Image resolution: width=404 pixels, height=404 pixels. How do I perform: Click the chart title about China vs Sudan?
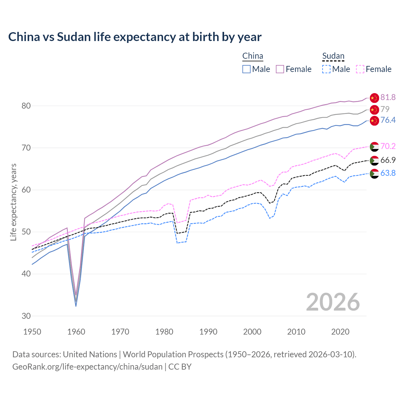(x=135, y=37)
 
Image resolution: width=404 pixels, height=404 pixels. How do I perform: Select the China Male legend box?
(x=247, y=69)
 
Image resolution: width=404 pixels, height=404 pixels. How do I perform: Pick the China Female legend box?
(x=280, y=69)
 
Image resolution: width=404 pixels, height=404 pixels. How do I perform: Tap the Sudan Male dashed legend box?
(x=326, y=69)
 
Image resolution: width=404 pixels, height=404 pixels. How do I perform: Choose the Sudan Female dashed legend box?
(x=360, y=69)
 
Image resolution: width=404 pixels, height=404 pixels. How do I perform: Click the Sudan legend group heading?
(x=333, y=56)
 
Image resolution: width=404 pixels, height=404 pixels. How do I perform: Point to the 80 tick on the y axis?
(x=26, y=106)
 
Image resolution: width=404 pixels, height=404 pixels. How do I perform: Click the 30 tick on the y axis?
(x=26, y=316)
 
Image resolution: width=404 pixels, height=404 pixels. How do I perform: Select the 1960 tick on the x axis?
(x=76, y=332)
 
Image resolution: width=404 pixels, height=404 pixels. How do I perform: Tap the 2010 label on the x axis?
(x=296, y=332)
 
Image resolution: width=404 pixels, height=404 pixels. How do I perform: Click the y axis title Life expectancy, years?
(x=13, y=202)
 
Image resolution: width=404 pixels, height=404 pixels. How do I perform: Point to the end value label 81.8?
(x=388, y=98)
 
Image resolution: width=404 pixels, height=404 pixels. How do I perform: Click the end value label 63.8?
(x=388, y=173)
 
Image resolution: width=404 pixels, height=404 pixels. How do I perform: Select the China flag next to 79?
(x=374, y=110)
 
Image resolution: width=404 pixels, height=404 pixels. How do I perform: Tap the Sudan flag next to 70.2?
(x=374, y=146)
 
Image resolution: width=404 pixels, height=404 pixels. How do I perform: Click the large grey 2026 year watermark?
(x=333, y=302)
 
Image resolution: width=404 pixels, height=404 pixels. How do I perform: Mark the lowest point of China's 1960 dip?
(x=76, y=306)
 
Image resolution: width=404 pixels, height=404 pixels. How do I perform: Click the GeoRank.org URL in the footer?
(x=87, y=367)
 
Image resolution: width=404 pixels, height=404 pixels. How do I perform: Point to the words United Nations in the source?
(x=90, y=354)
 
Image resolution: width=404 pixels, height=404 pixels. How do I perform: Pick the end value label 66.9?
(x=388, y=160)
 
